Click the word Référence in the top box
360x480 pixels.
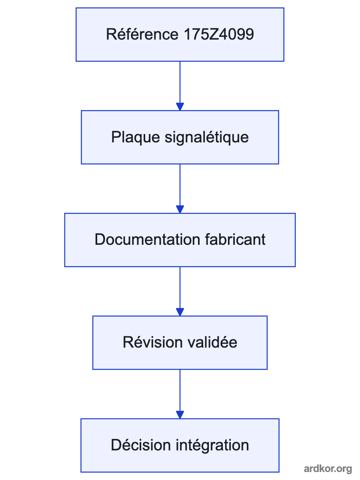pos(142,34)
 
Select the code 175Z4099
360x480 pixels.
pos(219,34)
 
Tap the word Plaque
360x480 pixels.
pos(136,137)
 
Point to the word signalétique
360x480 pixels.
pos(206,137)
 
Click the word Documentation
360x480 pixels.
pos(147,240)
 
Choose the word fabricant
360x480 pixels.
pos(235,240)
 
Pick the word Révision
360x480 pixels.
pos(152,342)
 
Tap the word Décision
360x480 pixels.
pos(141,445)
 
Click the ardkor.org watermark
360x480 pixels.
pos(328,469)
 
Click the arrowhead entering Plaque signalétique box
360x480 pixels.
pos(180,107)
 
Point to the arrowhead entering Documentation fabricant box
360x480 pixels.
pos(180,210)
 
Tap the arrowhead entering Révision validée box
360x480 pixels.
pos(180,312)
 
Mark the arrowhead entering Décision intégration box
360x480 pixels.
pos(180,415)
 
